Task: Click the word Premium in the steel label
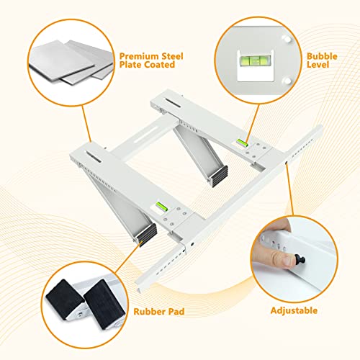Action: tap(139, 56)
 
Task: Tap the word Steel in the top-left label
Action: tap(172, 56)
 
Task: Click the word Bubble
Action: tap(322, 56)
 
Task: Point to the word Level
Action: tap(318, 65)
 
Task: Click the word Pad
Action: tap(176, 312)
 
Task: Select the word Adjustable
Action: tap(294, 310)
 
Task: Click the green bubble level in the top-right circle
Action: tap(256, 60)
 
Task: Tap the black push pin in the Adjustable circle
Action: tap(300, 259)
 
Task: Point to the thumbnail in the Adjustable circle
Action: tap(287, 261)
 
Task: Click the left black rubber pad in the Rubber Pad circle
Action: tap(64, 298)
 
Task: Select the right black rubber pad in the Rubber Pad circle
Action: tap(104, 304)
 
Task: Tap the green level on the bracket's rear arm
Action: tap(242, 143)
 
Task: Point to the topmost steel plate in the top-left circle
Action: tap(61, 60)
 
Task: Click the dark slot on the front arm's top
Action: tap(94, 157)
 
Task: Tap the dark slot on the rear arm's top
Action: tap(173, 102)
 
